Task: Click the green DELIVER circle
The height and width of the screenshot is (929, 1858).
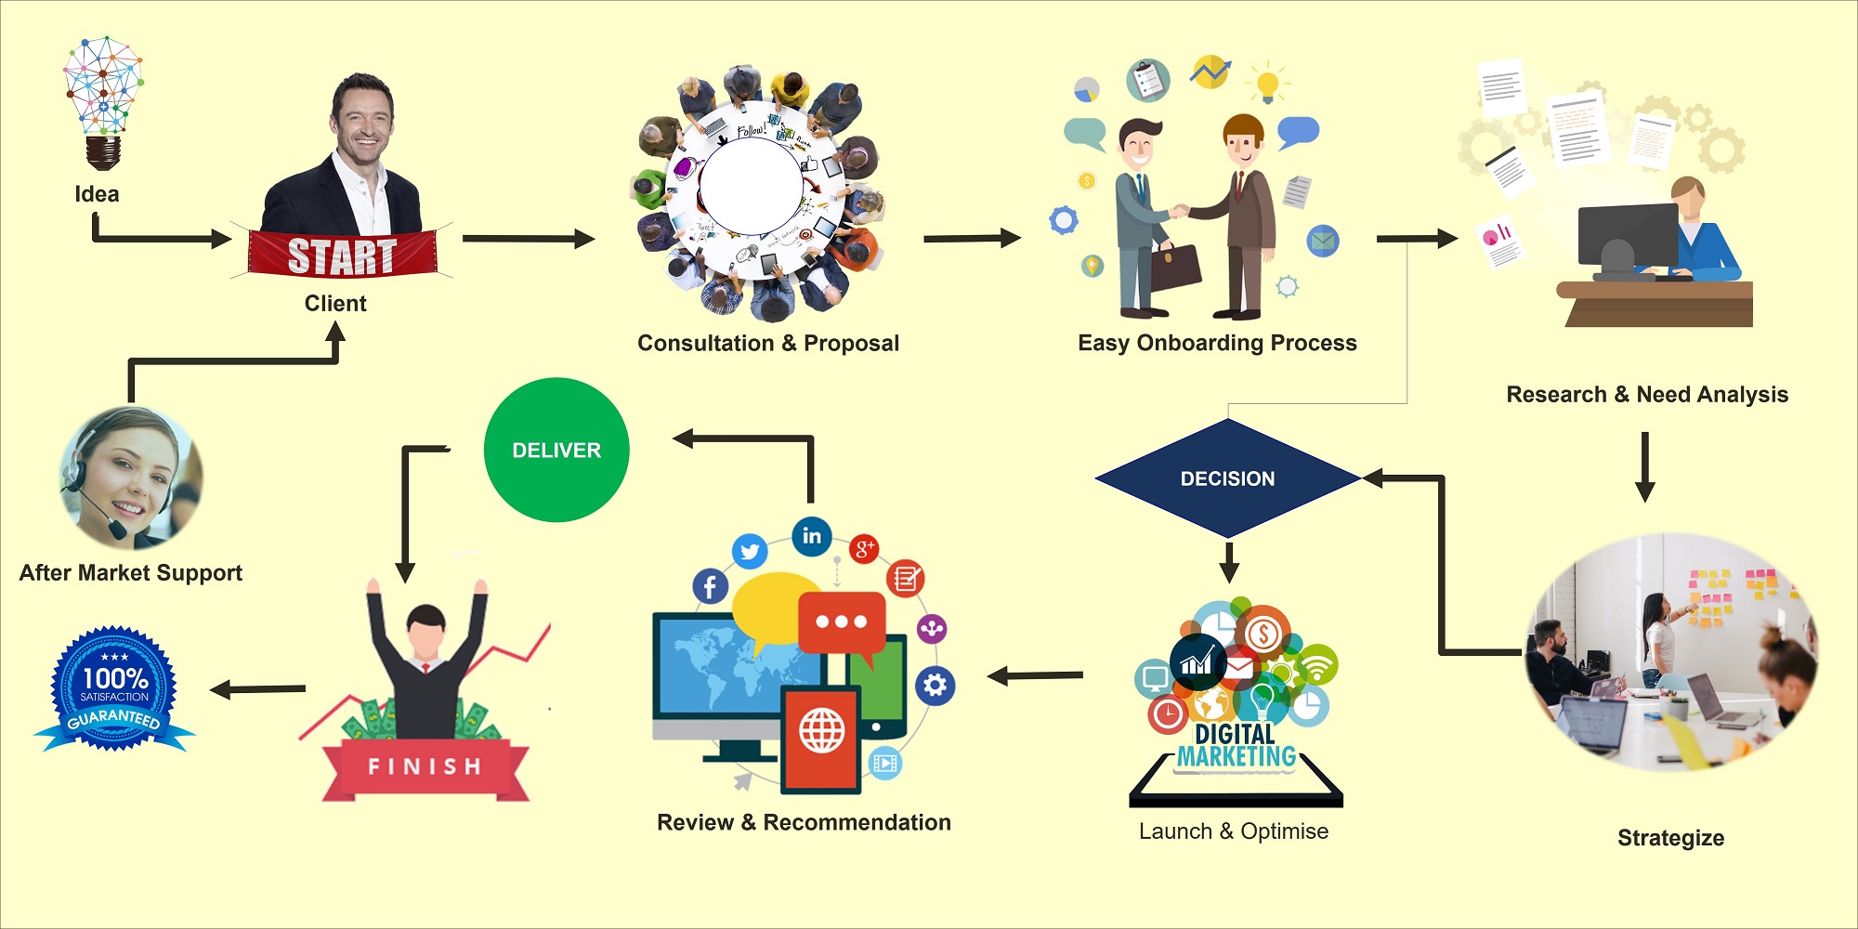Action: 556,450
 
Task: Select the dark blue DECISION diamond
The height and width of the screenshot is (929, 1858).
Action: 1227,478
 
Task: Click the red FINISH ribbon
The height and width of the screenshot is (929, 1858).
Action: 425,766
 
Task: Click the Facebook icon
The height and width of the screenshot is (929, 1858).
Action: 710,586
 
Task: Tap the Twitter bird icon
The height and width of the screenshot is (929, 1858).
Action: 750,552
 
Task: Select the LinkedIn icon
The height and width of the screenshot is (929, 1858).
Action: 812,536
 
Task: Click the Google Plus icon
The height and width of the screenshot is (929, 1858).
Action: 864,548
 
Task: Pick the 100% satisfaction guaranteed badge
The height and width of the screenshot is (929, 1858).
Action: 114,689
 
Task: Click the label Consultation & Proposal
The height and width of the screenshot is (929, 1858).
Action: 768,344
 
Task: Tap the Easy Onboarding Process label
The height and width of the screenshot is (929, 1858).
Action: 1217,344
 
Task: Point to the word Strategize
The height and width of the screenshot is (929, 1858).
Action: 1670,838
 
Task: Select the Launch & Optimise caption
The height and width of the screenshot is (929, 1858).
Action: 1234,831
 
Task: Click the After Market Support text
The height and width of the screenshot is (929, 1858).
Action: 131,573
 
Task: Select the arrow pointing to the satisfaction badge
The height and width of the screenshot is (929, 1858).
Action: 257,689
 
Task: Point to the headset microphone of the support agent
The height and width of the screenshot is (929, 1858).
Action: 118,530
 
